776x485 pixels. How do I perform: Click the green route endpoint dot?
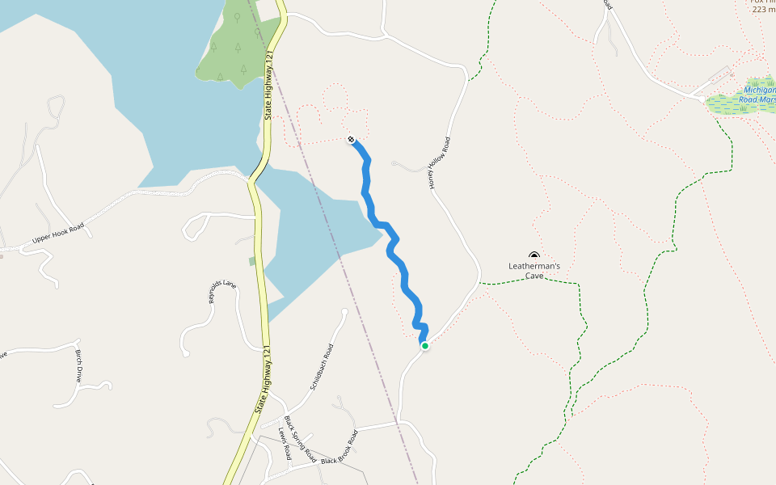pyautogui.click(x=424, y=346)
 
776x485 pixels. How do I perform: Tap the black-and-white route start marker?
pyautogui.click(x=351, y=140)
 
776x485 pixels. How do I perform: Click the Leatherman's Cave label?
pyautogui.click(x=533, y=270)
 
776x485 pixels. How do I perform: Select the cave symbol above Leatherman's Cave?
pyautogui.click(x=533, y=255)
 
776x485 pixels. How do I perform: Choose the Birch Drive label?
pyautogui.click(x=78, y=366)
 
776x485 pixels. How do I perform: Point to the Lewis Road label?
pyautogui.click(x=285, y=444)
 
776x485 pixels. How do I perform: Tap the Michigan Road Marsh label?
pyautogui.click(x=758, y=95)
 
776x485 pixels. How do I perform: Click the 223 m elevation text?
pyautogui.click(x=762, y=10)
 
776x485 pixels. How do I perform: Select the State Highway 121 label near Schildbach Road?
pyautogui.click(x=264, y=380)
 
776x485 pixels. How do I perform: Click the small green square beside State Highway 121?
pyautogui.click(x=252, y=261)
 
